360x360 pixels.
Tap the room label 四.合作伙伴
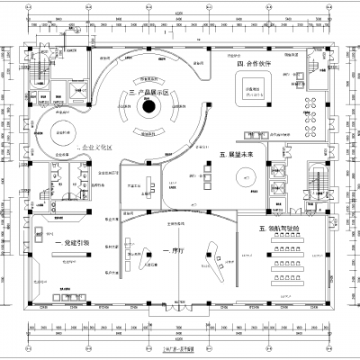point(256,65)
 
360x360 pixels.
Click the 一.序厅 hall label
point(173,249)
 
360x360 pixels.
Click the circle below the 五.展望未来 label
point(251,180)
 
